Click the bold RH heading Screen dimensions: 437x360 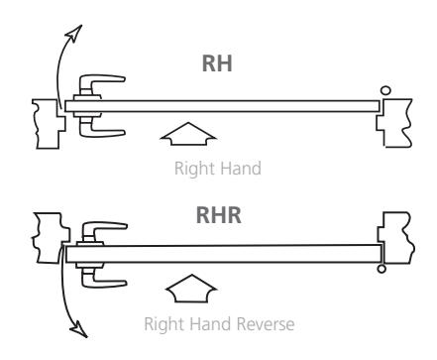217,63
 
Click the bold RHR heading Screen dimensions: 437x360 218,215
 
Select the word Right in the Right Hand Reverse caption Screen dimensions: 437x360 165,324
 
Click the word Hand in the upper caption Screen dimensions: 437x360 241,169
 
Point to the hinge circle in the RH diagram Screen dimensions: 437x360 385,90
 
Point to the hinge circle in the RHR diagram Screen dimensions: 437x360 382,269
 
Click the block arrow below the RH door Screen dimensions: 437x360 188,134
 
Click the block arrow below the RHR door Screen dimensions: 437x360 191,289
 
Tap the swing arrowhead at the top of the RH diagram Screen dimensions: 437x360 75,33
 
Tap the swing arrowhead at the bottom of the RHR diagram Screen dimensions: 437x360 79,329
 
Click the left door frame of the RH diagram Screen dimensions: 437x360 49,124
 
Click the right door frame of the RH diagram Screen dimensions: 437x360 394,123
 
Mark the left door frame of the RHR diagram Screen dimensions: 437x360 51,238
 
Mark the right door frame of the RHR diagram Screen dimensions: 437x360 396,238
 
